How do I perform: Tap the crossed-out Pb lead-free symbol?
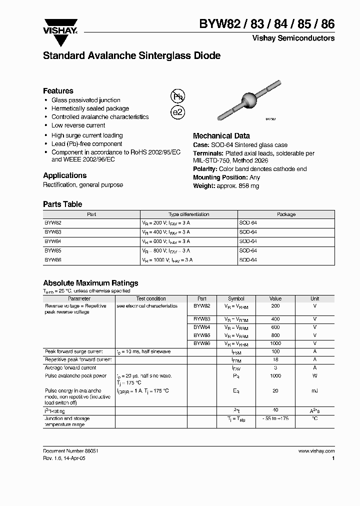pyautogui.click(x=178, y=96)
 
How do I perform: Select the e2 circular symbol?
pyautogui.click(x=178, y=112)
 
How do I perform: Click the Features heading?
pyautogui.click(x=58, y=91)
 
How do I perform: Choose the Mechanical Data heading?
pyautogui.click(x=221, y=136)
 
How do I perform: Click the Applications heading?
pyautogui.click(x=64, y=175)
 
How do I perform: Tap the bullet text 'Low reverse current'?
pyautogui.click(x=78, y=125)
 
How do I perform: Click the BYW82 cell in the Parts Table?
pyautogui.click(x=52, y=223)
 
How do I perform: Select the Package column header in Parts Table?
pyautogui.click(x=286, y=214)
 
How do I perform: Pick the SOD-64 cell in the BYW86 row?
pyautogui.click(x=248, y=260)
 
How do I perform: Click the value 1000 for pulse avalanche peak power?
pyautogui.click(x=275, y=375)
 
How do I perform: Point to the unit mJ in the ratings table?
pyautogui.click(x=314, y=391)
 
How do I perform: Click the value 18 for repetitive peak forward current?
pyautogui.click(x=275, y=359)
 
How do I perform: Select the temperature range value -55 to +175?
pyautogui.click(x=275, y=418)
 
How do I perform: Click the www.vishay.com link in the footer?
pyautogui.click(x=316, y=450)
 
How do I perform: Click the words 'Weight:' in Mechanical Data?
pyautogui.click(x=204, y=186)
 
